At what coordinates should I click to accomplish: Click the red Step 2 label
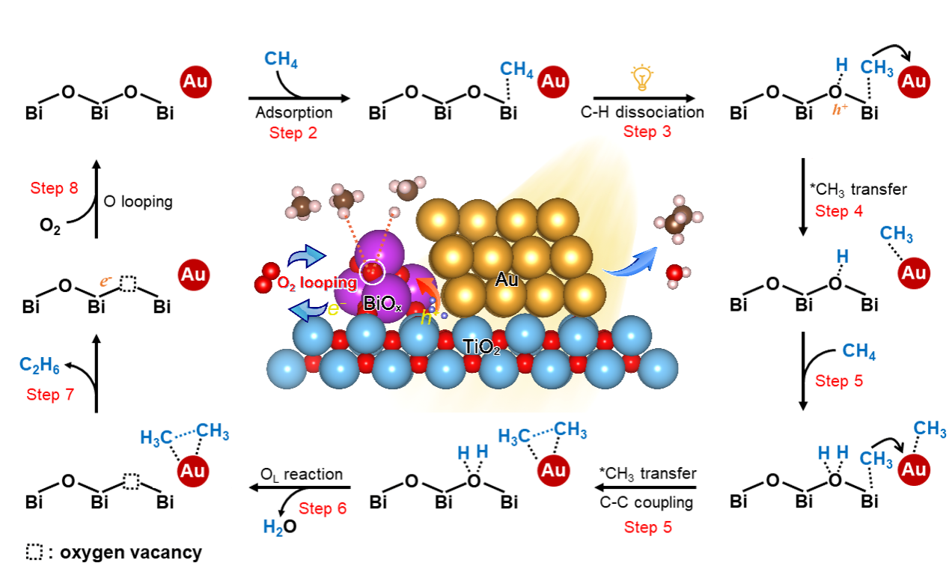pos(293,133)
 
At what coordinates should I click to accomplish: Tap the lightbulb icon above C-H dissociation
pos(641,77)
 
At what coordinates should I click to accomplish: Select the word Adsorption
pos(293,114)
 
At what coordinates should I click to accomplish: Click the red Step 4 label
pos(839,211)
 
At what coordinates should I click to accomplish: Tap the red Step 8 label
pos(54,189)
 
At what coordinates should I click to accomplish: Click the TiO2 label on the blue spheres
pos(481,346)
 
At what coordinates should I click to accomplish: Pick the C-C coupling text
pos(647,502)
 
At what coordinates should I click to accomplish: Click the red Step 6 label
pos(323,509)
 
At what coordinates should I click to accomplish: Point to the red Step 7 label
pos(50,395)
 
